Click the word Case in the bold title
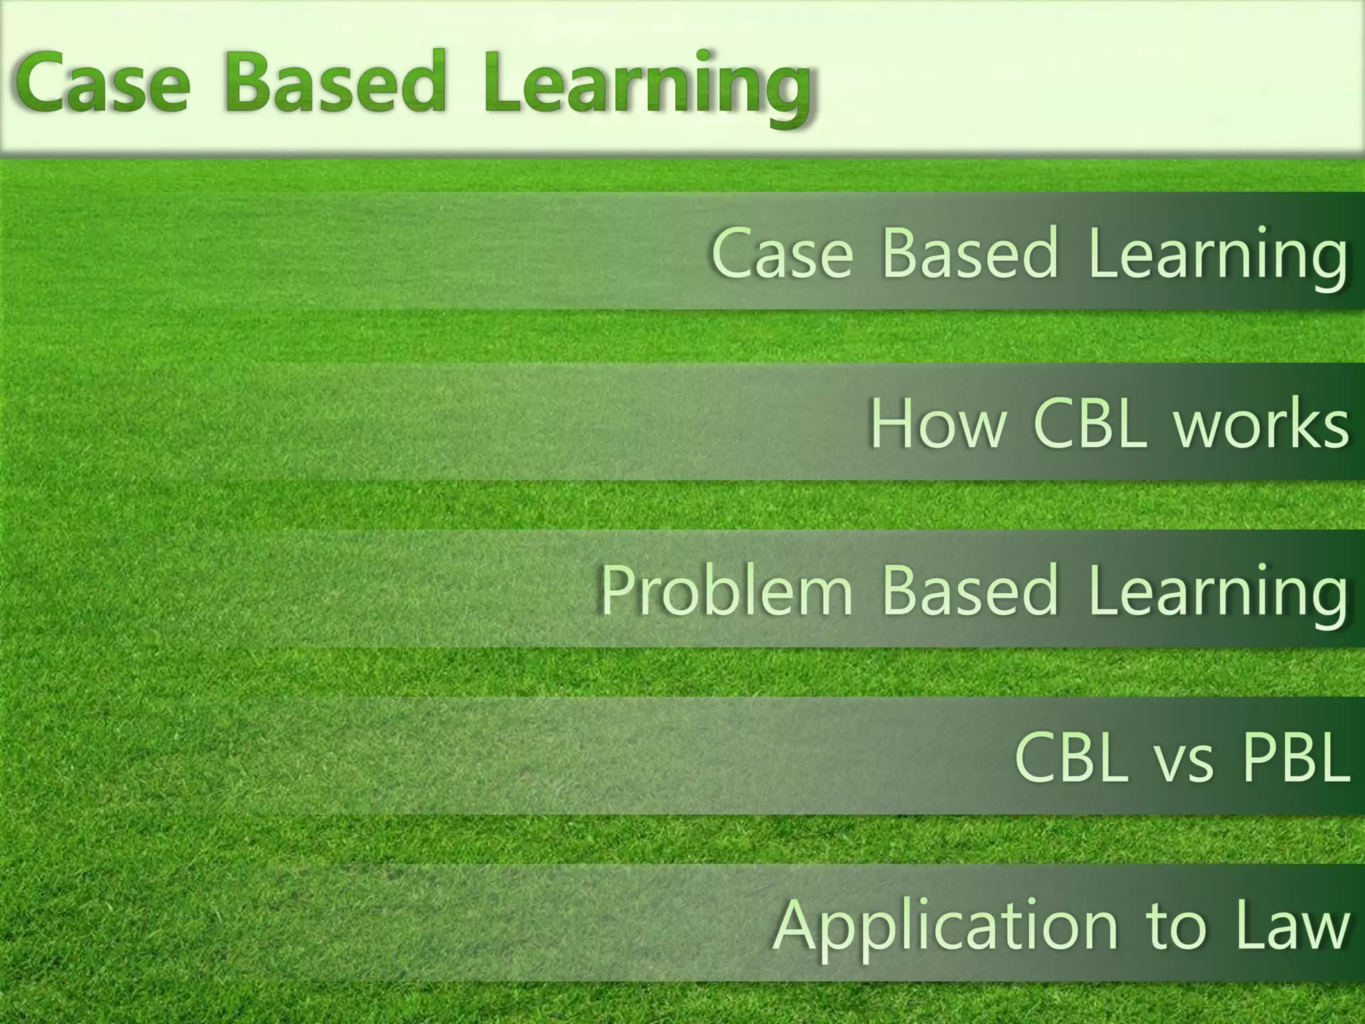101,85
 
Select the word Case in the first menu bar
782,253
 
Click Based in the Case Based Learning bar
970,253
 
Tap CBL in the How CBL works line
1090,424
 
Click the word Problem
726,591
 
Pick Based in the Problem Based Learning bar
970,591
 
